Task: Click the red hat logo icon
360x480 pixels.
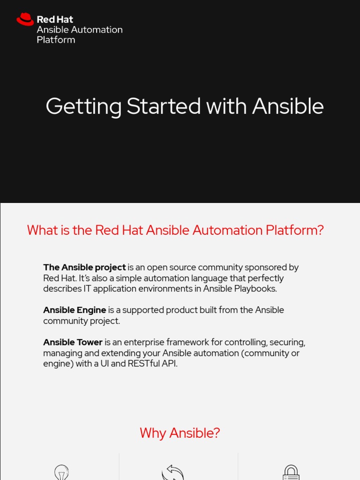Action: pyautogui.click(x=25, y=19)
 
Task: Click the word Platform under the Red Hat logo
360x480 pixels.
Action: pyautogui.click(x=56, y=40)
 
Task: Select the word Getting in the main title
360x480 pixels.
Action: pyautogui.click(x=83, y=106)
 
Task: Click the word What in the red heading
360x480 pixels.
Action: pyautogui.click(x=41, y=230)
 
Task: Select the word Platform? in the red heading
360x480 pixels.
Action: pyautogui.click(x=295, y=230)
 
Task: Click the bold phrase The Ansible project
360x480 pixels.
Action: pyautogui.click(x=84, y=267)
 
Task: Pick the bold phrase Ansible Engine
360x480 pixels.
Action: pyautogui.click(x=75, y=310)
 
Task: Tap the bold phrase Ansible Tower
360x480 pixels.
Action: pyautogui.click(x=73, y=342)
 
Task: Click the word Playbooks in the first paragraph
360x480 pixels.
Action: pyautogui.click(x=258, y=289)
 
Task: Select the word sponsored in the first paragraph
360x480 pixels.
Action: pyautogui.click(x=263, y=267)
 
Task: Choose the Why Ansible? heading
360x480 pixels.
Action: pyautogui.click(x=180, y=433)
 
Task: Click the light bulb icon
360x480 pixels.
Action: pyautogui.click(x=61, y=472)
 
